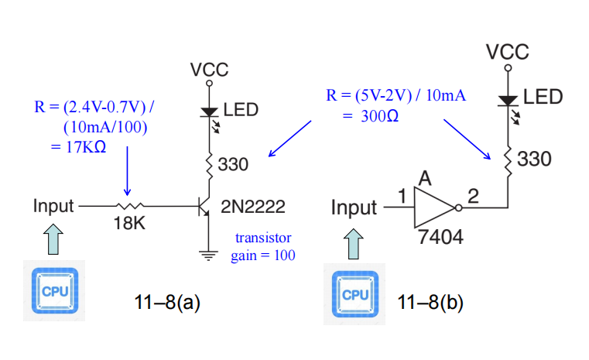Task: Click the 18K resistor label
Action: click(129, 223)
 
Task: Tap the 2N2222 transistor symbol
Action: click(204, 206)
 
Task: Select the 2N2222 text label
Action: click(253, 207)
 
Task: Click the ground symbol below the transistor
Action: click(208, 255)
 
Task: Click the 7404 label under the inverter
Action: click(440, 237)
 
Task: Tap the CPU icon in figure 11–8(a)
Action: click(54, 290)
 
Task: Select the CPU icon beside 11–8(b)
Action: click(354, 294)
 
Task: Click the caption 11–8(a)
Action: click(167, 303)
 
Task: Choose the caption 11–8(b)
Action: click(430, 303)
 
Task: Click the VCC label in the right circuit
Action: click(508, 51)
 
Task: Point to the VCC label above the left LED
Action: click(209, 70)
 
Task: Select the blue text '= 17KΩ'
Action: click(78, 147)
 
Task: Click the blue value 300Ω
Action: click(379, 116)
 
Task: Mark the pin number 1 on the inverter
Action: click(402, 196)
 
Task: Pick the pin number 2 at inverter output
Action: click(474, 196)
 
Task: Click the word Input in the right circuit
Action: click(354, 207)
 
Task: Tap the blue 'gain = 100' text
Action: click(263, 255)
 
